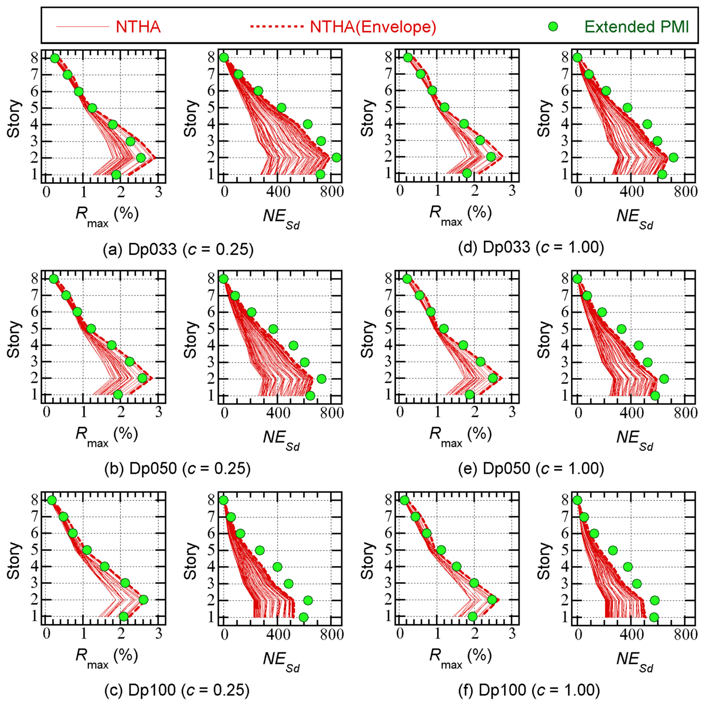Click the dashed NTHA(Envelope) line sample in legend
[x=277, y=26]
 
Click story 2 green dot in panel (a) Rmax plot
[x=141, y=158]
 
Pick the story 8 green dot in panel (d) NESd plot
[x=577, y=58]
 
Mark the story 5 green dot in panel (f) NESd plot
[x=613, y=550]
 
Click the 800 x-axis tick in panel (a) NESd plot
[x=332, y=192]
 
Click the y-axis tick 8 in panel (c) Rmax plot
[x=35, y=500]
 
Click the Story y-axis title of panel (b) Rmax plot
[x=14, y=339]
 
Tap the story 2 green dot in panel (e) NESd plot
[x=664, y=379]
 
